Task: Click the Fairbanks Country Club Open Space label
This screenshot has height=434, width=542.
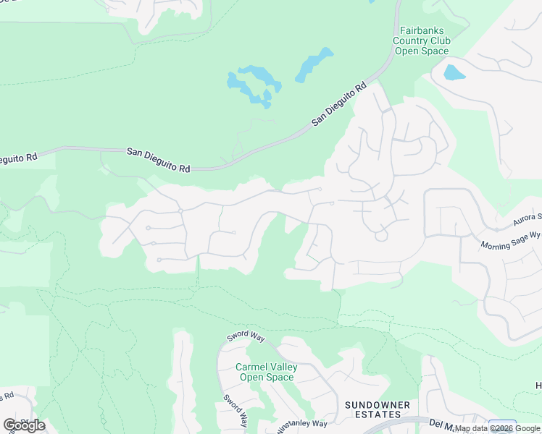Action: coord(421,41)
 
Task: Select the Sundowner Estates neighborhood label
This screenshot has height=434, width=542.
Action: coord(377,409)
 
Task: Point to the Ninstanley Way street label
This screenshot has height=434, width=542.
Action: coord(303,425)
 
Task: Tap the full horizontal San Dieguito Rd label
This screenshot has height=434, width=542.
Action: coord(158,160)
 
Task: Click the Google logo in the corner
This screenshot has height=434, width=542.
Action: coord(24,425)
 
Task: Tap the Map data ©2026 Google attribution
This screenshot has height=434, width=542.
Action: coord(498,428)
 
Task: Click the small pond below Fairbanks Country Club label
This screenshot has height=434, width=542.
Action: coord(454,72)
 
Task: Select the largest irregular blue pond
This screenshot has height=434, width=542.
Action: coord(250,85)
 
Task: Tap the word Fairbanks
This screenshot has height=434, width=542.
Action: coord(421,30)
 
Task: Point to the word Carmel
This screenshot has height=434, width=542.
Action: coord(250,367)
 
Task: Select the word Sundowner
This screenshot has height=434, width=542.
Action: coord(377,404)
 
